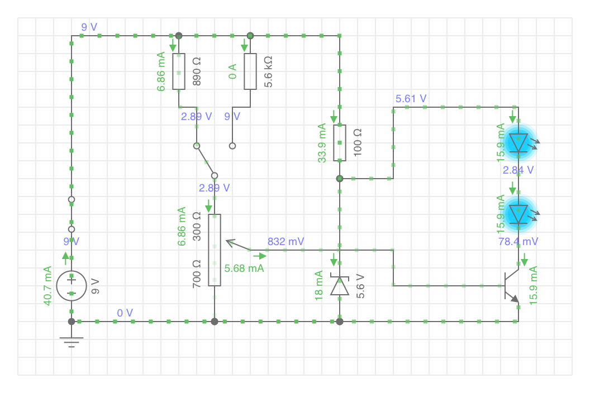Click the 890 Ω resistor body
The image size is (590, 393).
pos(179,71)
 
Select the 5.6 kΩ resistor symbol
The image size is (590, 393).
pos(250,71)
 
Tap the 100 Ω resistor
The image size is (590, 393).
pos(340,143)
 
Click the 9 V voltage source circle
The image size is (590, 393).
pos(72,286)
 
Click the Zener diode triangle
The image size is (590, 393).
pos(340,286)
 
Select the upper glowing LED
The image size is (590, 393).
pos(518,143)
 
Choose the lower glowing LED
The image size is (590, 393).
pos(518,214)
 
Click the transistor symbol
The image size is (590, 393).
pos(512,286)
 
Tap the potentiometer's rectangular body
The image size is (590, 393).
pos(215,250)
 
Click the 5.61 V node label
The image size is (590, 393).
pos(411,99)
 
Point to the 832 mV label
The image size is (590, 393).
pos(286,242)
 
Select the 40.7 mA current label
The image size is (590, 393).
pos(47,286)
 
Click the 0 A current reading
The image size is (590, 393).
pos(232,71)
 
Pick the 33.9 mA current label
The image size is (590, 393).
pos(322,143)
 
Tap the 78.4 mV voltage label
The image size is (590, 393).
pos(518,242)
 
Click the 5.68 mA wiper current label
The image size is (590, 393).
pos(244,269)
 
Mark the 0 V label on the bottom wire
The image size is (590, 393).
pos(125,313)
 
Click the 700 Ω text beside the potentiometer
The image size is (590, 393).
pos(197,274)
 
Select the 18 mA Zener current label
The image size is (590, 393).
pos(318,286)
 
